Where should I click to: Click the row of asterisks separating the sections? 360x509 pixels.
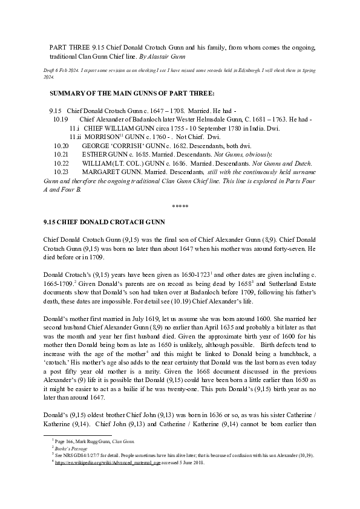[180, 207]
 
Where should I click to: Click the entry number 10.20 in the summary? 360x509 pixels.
[61, 146]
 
